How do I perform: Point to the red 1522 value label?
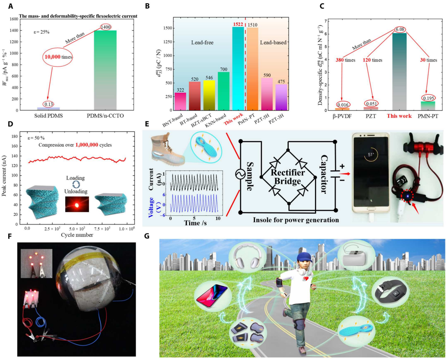pyautogui.click(x=237, y=24)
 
